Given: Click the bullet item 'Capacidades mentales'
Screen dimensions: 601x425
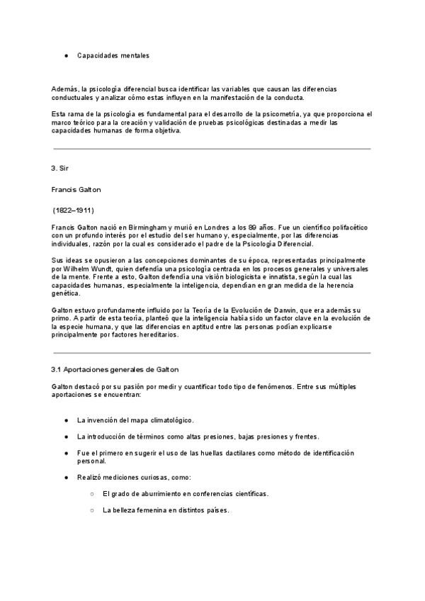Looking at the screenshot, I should point(113,55).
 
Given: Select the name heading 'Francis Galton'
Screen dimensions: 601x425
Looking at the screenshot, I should point(76,190).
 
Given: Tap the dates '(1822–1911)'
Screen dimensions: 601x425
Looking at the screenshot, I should point(74,210).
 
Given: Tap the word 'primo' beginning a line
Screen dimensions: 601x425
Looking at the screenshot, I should point(62,319).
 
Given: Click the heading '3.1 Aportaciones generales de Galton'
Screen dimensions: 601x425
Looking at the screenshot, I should point(115,369).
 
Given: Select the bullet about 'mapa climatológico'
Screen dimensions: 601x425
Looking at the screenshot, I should point(135,420).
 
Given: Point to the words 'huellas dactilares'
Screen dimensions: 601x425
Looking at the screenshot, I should point(232,452).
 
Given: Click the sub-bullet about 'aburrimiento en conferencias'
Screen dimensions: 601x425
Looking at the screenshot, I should point(185,493).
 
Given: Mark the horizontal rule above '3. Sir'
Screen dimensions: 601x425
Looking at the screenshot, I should point(212,149).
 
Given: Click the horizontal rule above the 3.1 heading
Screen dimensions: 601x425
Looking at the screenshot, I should point(212,352).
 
